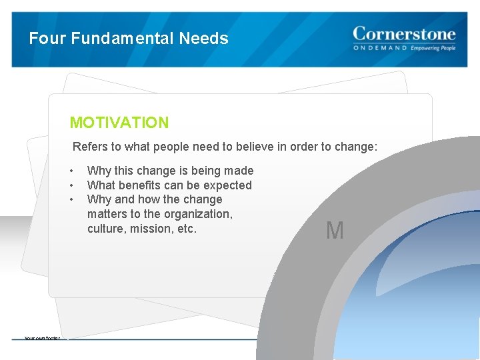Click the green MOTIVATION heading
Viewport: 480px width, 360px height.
point(119,123)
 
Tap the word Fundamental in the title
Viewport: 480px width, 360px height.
point(123,39)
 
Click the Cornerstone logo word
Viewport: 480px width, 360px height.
point(404,33)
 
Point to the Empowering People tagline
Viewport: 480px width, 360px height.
point(433,49)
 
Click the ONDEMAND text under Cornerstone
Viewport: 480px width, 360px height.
point(380,49)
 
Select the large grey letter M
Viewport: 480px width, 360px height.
point(335,231)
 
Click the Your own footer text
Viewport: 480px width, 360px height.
point(42,338)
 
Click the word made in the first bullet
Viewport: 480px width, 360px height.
point(239,171)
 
